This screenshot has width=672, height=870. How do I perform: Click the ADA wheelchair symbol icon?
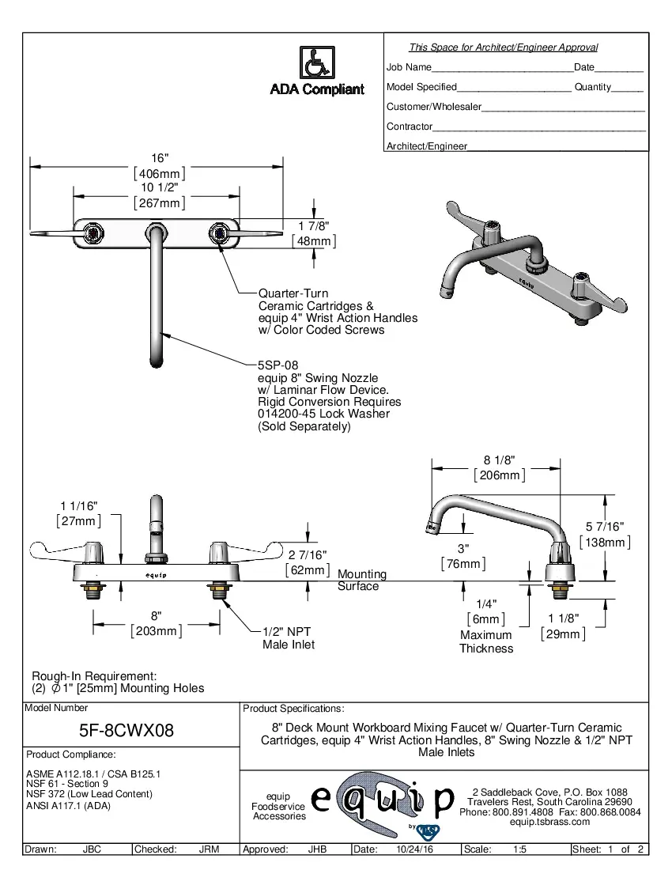(x=317, y=62)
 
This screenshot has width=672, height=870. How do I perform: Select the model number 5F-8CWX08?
(x=128, y=730)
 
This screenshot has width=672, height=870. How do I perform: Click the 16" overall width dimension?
(x=160, y=159)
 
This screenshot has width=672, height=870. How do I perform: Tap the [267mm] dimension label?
(x=160, y=203)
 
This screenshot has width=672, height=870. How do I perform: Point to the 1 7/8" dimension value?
(x=313, y=226)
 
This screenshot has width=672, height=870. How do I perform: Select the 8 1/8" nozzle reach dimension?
(x=500, y=460)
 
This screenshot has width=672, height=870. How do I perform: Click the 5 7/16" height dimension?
(x=605, y=527)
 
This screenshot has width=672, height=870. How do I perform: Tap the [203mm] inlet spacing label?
(x=157, y=631)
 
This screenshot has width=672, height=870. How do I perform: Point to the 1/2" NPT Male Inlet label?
(x=288, y=638)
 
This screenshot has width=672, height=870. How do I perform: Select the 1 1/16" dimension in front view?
(x=78, y=505)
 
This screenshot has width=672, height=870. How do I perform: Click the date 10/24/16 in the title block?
(x=413, y=849)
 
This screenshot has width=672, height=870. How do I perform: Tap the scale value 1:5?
(x=520, y=849)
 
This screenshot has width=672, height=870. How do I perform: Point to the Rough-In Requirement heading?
(x=94, y=676)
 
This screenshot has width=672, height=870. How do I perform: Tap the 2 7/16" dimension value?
(x=307, y=555)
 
